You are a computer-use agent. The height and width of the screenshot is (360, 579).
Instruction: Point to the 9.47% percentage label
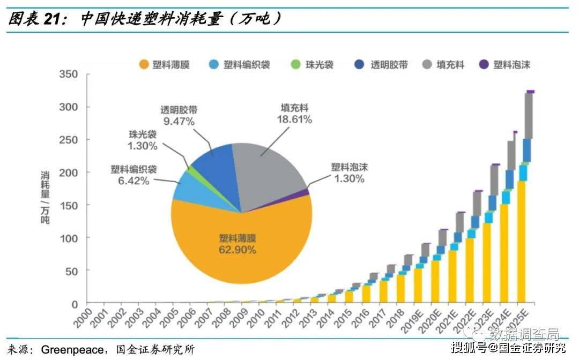179,121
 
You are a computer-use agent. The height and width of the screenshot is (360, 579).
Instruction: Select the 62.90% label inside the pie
237,250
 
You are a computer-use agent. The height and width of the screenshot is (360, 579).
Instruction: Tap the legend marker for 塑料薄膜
144,65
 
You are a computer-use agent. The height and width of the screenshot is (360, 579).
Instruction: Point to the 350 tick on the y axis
69,74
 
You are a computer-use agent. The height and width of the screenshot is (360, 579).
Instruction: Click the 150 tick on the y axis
69,205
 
